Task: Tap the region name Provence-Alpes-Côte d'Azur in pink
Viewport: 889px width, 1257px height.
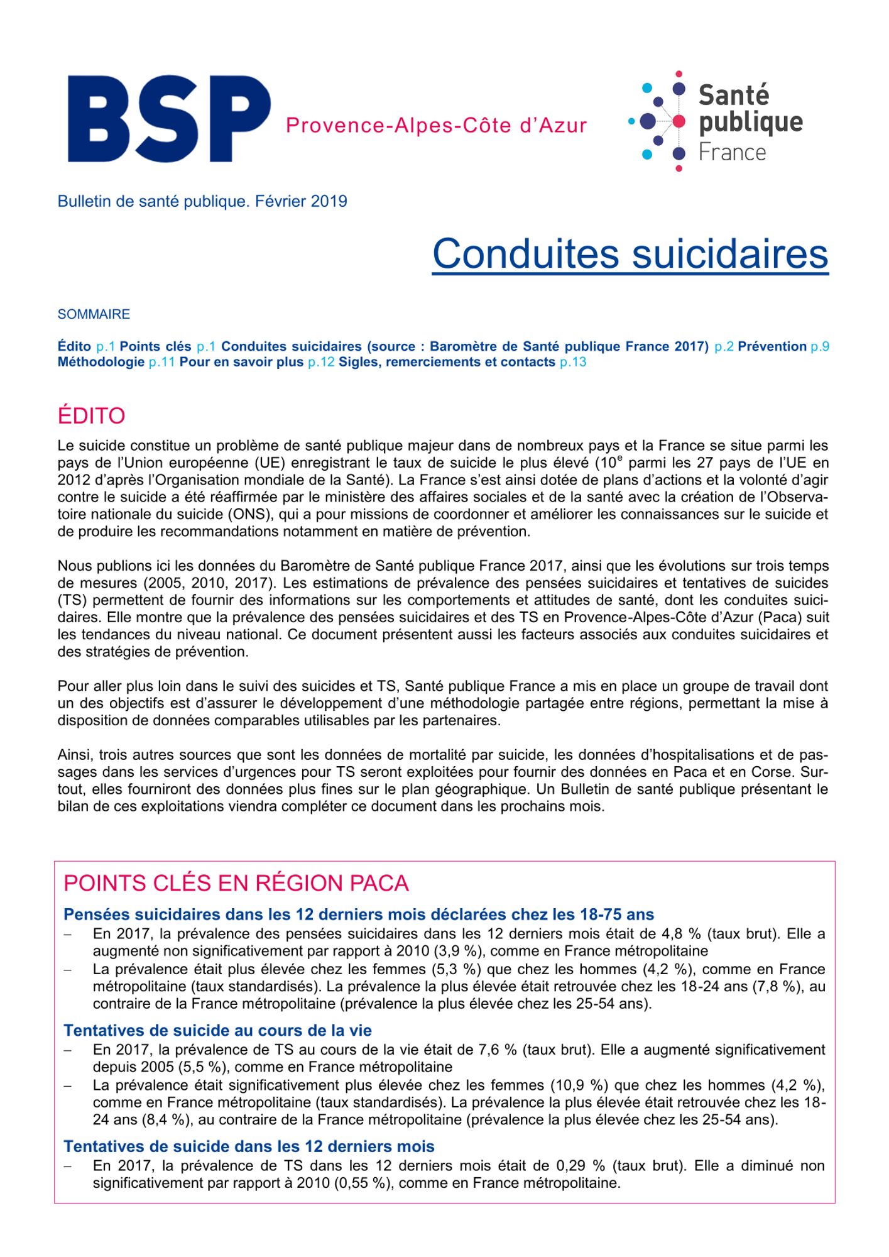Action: [x=436, y=126]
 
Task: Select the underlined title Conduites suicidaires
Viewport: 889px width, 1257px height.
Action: [x=630, y=254]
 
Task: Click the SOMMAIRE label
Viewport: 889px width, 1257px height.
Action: [x=94, y=314]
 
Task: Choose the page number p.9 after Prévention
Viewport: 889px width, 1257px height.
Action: [x=820, y=346]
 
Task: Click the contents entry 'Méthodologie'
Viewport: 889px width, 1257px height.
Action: [x=101, y=363]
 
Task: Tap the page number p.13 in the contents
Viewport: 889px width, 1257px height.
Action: [x=573, y=363]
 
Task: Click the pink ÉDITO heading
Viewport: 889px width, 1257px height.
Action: [x=91, y=416]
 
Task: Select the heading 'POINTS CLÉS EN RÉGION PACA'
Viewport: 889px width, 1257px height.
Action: [x=236, y=883]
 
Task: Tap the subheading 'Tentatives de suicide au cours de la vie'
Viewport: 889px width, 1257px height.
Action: [x=217, y=1031]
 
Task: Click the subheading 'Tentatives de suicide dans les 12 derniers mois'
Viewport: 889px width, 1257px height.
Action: [x=249, y=1146]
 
